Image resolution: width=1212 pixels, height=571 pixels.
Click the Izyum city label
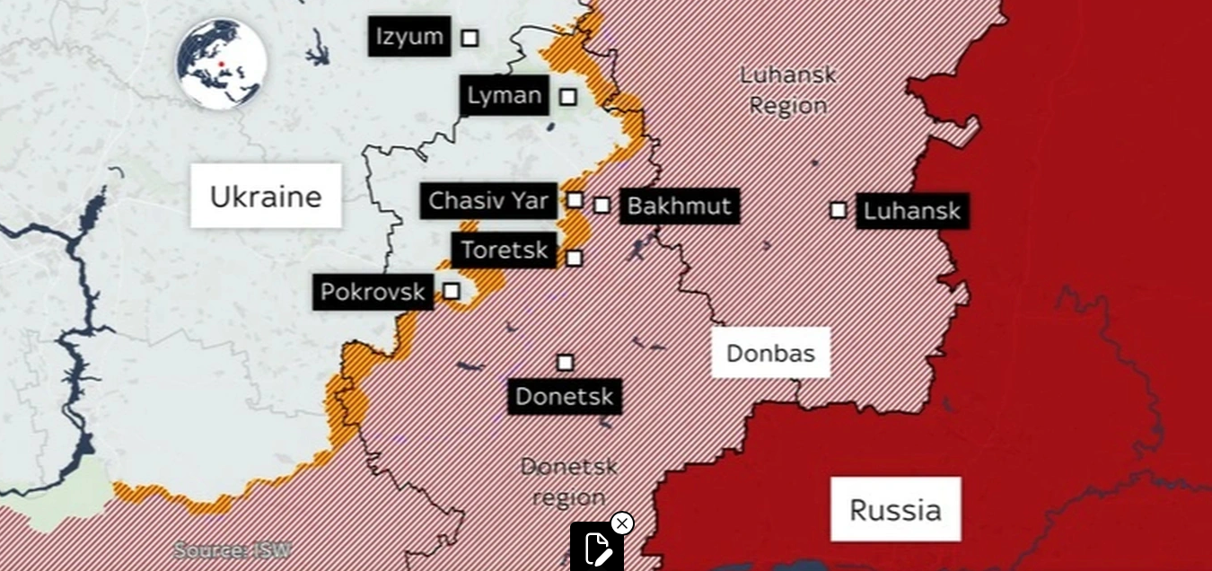pos(409,37)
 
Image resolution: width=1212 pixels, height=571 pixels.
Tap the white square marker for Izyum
pos(470,38)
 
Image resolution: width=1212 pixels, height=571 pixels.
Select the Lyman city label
pos(505,95)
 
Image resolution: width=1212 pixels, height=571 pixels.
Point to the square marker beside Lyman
pos(567,96)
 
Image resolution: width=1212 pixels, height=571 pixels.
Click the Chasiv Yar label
pos(488,201)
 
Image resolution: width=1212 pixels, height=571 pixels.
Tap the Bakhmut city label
pos(679,206)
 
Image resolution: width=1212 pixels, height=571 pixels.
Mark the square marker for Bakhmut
pos(602,206)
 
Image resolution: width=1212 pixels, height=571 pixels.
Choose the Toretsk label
pos(504,250)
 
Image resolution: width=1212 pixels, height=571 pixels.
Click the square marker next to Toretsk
pos(574,259)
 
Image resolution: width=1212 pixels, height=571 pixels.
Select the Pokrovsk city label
pos(373,293)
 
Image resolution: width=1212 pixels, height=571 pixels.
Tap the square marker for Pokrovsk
pos(452,291)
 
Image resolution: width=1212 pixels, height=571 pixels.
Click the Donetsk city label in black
pos(565,397)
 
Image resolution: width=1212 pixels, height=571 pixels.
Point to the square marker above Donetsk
pos(565,363)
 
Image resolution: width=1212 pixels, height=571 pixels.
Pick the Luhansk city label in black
pos(911,212)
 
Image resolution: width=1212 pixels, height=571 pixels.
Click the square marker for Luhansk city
pos(838,210)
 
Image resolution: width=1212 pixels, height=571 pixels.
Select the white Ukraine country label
pos(266,196)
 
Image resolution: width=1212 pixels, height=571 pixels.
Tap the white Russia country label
pos(895,510)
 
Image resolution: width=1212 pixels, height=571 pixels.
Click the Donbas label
pos(770,353)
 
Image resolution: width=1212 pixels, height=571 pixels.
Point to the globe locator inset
pos(222,65)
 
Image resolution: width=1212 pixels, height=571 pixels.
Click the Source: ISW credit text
pos(232,549)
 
